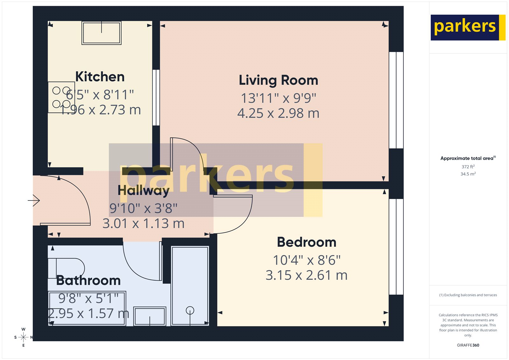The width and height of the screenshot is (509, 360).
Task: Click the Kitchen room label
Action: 100,77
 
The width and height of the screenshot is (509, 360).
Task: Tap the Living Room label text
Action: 278,80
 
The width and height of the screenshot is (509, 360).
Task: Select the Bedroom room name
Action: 306,242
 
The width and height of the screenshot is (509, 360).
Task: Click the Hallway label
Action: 143,191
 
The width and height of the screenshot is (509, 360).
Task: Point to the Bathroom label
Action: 88,280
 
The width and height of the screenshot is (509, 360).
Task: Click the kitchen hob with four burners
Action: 61,97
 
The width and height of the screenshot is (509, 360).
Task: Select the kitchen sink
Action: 101,33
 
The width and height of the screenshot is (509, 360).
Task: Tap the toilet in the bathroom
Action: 66,267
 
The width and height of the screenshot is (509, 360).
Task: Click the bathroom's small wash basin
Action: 150,316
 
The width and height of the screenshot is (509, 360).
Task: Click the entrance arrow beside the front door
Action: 34,201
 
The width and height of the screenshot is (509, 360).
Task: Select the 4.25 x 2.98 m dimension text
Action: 278,113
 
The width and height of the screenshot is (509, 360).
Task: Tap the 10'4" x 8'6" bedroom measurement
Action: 307,260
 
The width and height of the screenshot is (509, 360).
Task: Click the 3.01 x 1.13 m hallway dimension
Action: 143,223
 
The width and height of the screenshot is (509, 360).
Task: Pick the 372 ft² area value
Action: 468,167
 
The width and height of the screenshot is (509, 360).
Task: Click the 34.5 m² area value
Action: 468,174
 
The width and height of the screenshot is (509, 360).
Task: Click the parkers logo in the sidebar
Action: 468,27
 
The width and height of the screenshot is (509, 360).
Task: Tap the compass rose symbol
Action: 23,337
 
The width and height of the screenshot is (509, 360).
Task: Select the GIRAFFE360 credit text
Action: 468,345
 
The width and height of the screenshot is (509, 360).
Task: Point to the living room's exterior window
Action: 396,100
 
